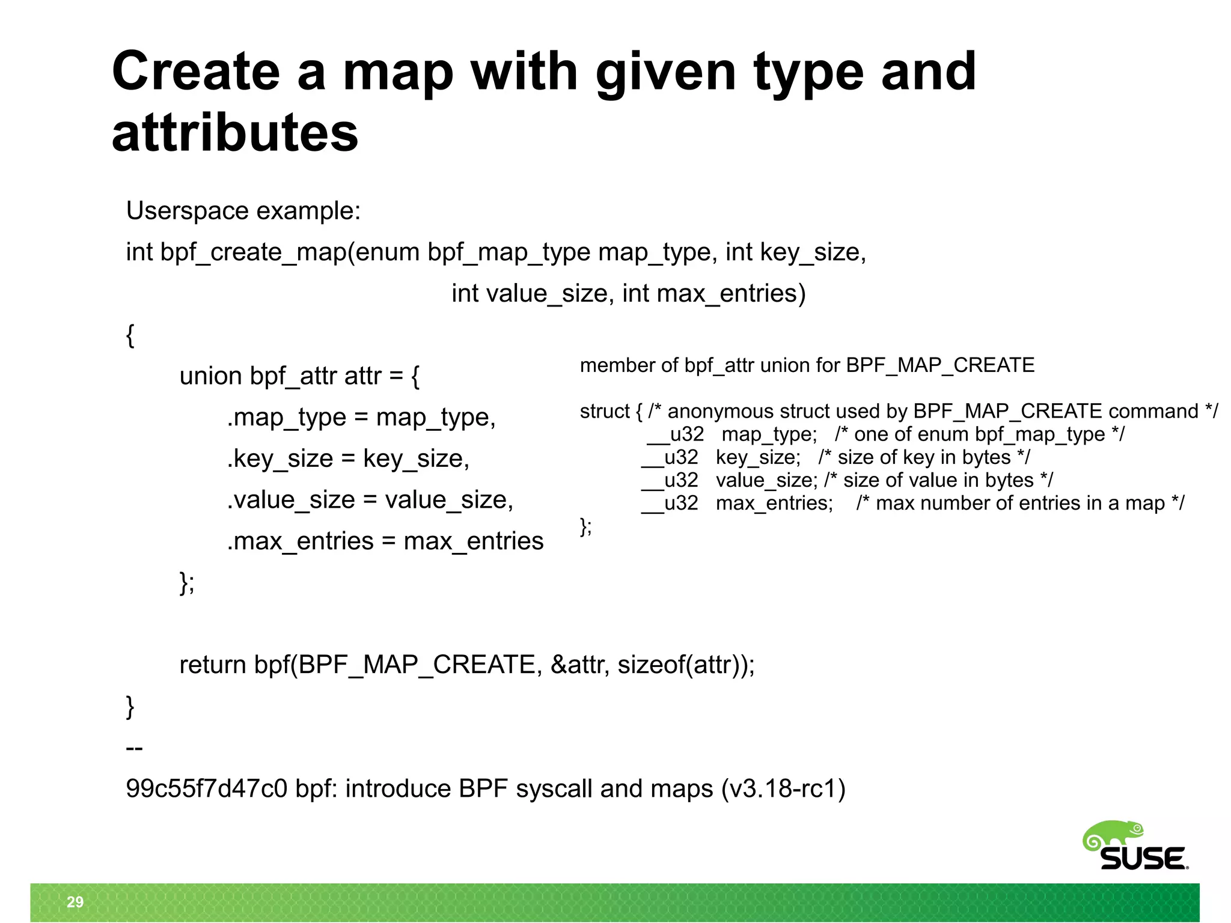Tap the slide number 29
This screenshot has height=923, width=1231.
[x=75, y=902]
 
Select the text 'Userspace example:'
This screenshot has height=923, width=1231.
[x=243, y=211]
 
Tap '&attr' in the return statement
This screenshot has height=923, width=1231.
[x=581, y=665]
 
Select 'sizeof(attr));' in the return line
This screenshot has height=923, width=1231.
[x=686, y=665]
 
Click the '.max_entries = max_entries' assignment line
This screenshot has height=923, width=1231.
[x=385, y=541]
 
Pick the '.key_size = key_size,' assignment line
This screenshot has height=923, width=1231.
[x=348, y=458]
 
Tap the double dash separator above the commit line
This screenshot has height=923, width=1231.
[x=134, y=748]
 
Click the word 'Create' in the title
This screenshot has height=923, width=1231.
[x=196, y=72]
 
